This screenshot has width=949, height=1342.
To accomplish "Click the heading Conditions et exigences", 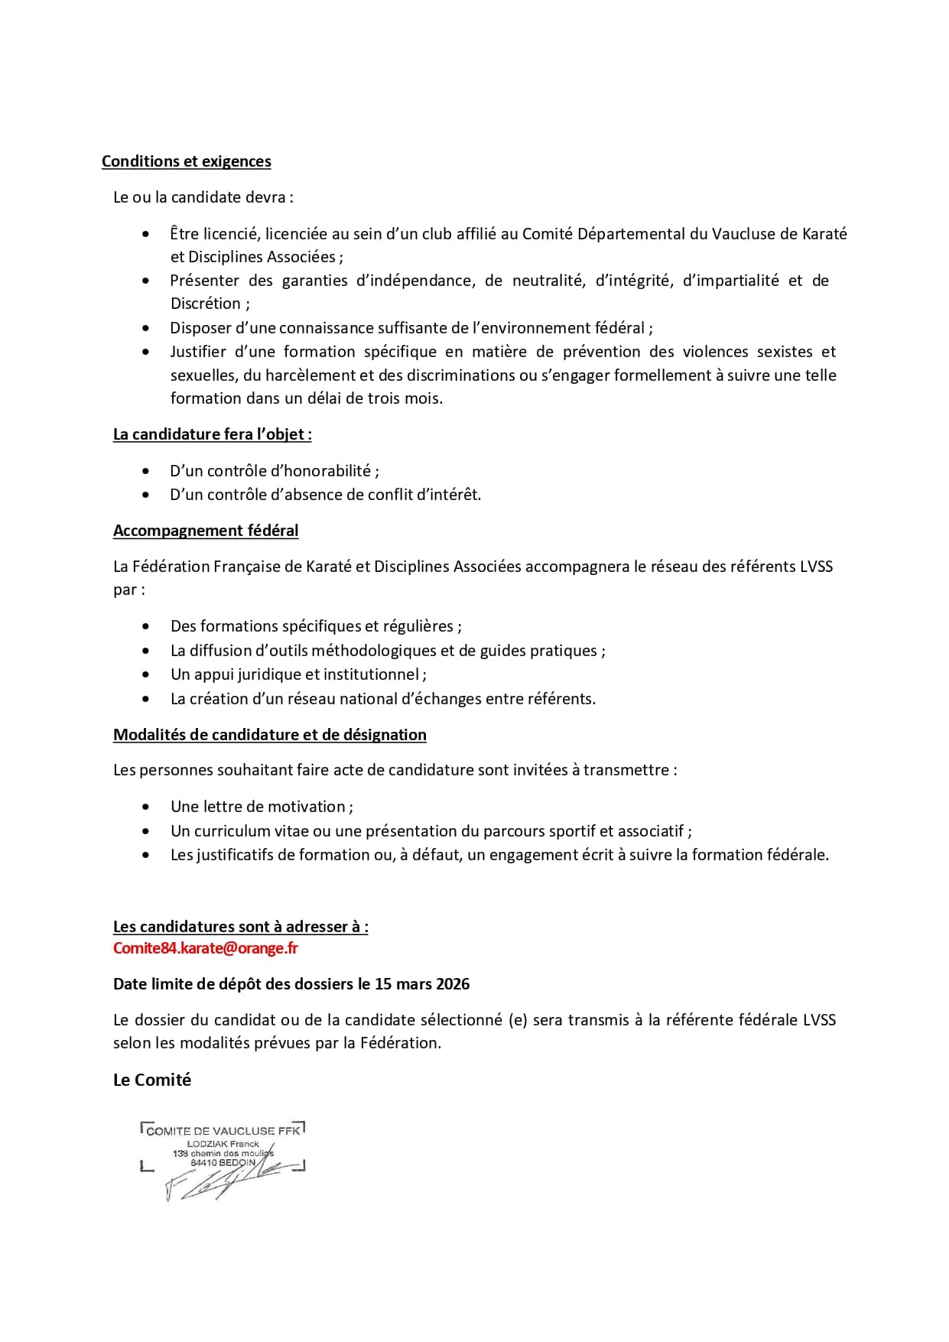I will pyautogui.click(x=186, y=161).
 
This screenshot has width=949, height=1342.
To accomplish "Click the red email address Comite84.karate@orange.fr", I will pyautogui.click(x=205, y=948).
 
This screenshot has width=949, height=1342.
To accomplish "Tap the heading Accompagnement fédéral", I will pyautogui.click(x=206, y=531).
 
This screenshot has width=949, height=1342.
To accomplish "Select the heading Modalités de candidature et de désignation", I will pyautogui.click(x=269, y=735).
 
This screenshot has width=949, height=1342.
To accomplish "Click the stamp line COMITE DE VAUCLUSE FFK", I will pyautogui.click(x=223, y=1131).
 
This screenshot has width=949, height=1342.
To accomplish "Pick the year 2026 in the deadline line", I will pyautogui.click(x=453, y=984).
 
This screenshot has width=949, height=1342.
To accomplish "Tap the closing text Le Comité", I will pyautogui.click(x=152, y=1080).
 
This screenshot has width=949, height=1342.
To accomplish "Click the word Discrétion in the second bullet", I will pyautogui.click(x=205, y=304).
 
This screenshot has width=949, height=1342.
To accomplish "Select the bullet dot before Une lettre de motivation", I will pyautogui.click(x=146, y=807).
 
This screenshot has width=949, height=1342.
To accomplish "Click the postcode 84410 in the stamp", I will pyautogui.click(x=204, y=1162).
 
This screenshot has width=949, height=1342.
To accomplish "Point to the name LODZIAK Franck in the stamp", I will pyautogui.click(x=223, y=1144).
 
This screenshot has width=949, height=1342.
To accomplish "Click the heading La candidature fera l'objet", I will pyautogui.click(x=212, y=434).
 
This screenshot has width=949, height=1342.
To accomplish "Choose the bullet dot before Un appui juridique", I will pyautogui.click(x=146, y=674).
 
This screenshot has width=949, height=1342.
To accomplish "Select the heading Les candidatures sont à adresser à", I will pyautogui.click(x=240, y=927).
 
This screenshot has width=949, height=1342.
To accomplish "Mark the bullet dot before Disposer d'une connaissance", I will pyautogui.click(x=146, y=328).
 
